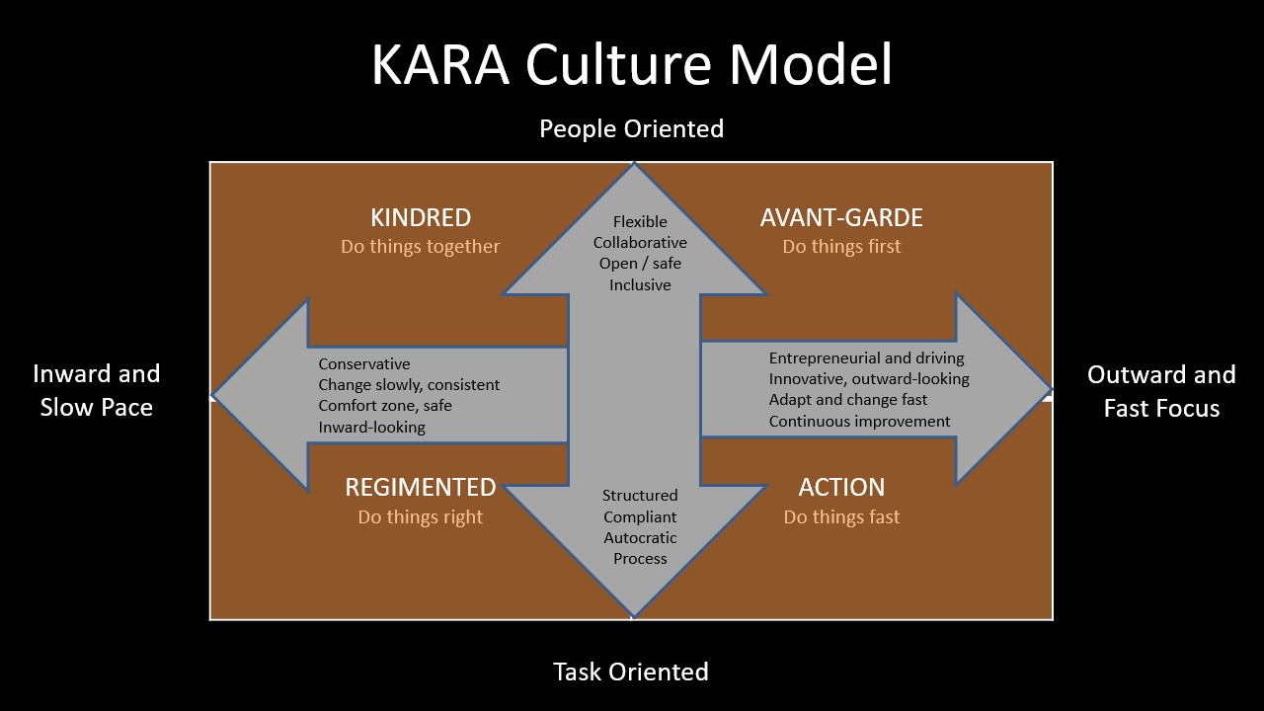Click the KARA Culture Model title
[x=632, y=65]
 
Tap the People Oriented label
[x=631, y=128]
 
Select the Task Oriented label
[x=631, y=672]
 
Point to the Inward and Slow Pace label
[x=97, y=391]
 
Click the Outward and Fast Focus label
[x=1161, y=391]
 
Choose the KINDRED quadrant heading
[x=421, y=217]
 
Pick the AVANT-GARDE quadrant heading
[x=841, y=217]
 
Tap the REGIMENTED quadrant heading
[x=421, y=487]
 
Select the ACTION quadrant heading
[x=841, y=487]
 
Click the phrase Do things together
[x=421, y=247]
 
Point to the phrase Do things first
[x=841, y=247]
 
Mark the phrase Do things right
[x=421, y=516]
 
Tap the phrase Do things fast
[x=841, y=516]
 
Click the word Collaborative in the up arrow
[x=640, y=243]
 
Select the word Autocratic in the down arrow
[x=640, y=538]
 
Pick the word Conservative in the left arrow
[x=364, y=364]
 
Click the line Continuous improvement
[x=860, y=422]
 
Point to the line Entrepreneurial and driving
[x=867, y=358]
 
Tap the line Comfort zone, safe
[x=385, y=406]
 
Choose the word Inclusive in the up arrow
[x=640, y=285]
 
